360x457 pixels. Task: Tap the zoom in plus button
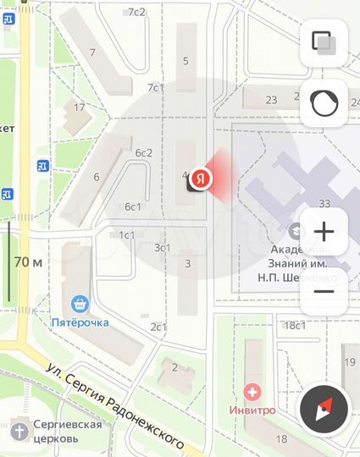tap(324, 231)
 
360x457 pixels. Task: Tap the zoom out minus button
tap(324, 291)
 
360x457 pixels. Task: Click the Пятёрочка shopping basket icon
tap(81, 304)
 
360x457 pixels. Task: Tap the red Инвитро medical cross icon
tap(252, 392)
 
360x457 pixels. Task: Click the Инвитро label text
tap(252, 410)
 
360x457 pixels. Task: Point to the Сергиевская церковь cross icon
tap(19, 431)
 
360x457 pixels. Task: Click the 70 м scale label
tap(29, 262)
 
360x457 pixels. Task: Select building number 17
tap(80, 107)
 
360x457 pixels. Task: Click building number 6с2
tap(143, 152)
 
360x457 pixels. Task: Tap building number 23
tap(271, 100)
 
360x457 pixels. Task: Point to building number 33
tap(324, 203)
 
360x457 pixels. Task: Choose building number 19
tap(349, 362)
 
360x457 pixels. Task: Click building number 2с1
tap(158, 327)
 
